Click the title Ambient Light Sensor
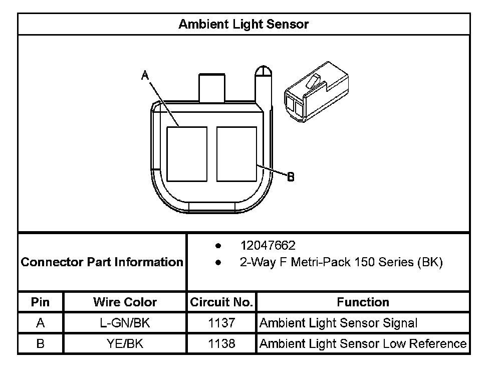(243, 24)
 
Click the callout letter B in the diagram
(291, 176)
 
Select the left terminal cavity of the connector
(186, 154)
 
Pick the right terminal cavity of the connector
(236, 154)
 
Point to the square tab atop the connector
(213, 88)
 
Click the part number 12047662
(268, 246)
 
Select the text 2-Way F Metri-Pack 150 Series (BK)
(341, 262)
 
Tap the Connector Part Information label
(102, 262)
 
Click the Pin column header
(40, 302)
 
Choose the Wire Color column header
(125, 302)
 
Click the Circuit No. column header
(221, 302)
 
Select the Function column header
(363, 302)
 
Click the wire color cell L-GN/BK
(125, 323)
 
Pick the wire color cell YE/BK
(125, 343)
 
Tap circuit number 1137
(221, 323)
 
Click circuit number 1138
(221, 343)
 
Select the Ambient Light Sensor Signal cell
(338, 323)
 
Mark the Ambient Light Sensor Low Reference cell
(363, 343)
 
